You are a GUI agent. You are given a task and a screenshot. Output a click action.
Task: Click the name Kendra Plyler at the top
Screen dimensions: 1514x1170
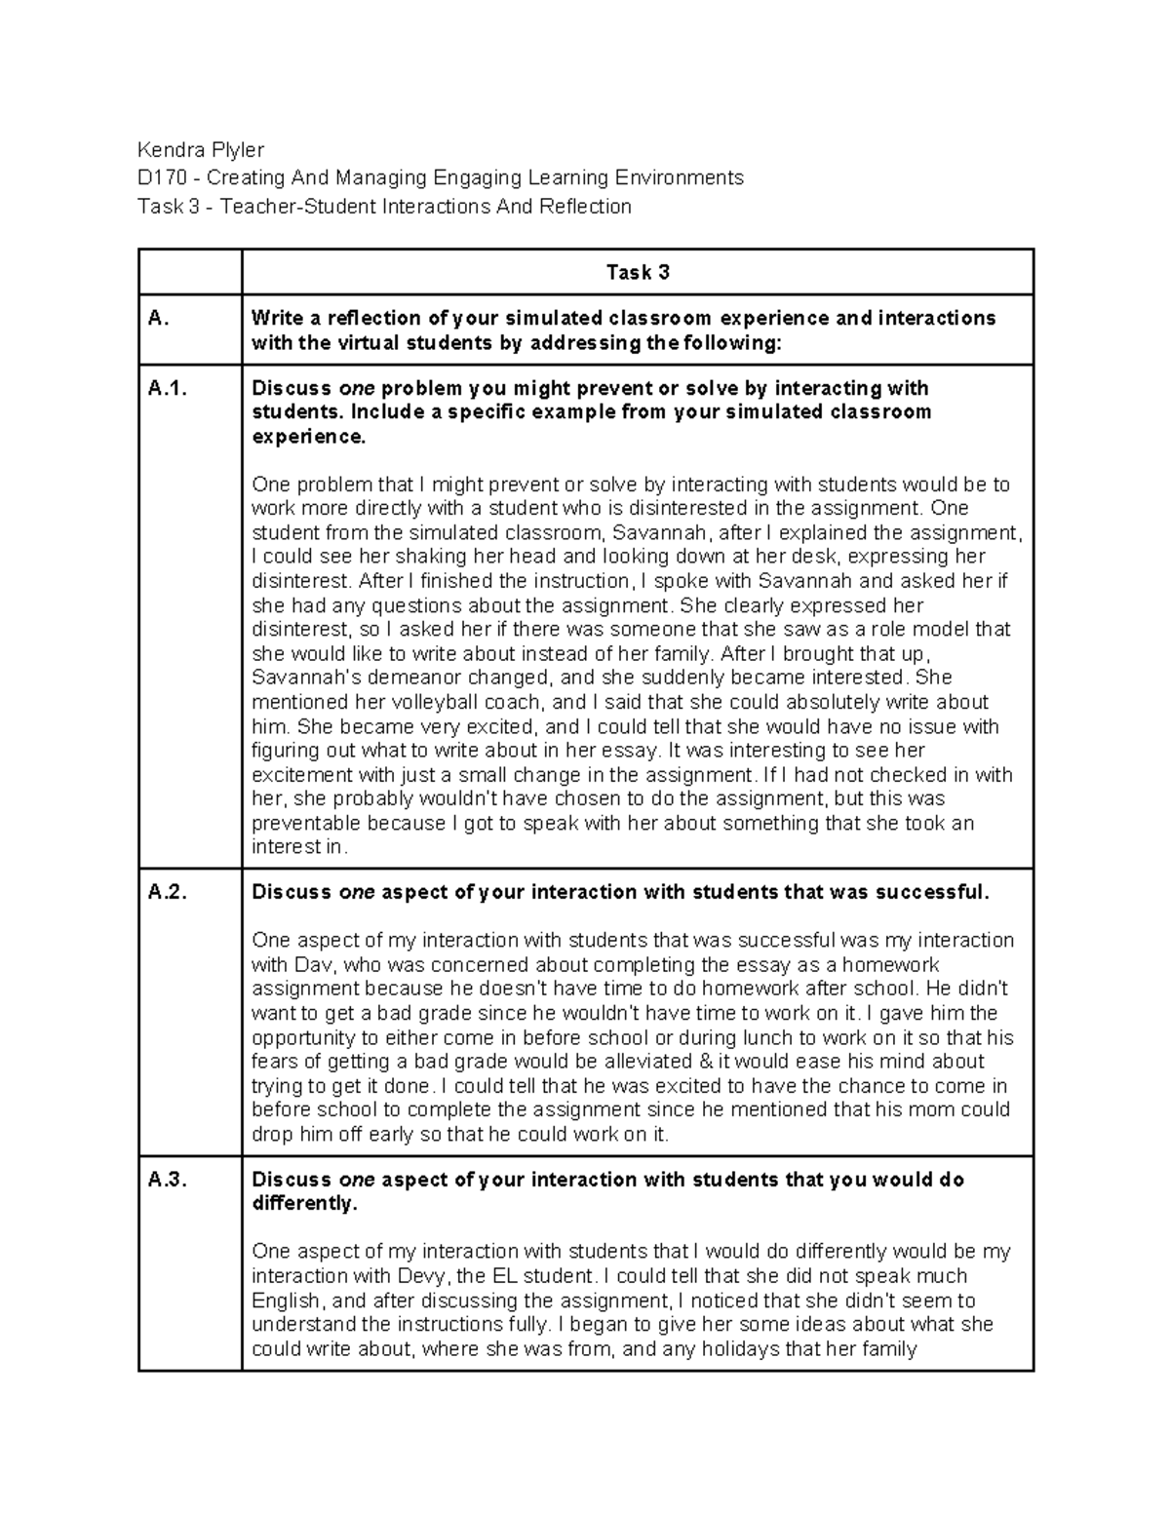[x=201, y=150]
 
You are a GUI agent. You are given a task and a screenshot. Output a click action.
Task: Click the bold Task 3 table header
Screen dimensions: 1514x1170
[x=638, y=273]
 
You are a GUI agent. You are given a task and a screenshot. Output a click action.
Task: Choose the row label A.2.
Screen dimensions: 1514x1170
[x=167, y=893]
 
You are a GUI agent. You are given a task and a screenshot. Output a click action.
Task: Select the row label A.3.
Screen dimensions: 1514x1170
[x=167, y=1180]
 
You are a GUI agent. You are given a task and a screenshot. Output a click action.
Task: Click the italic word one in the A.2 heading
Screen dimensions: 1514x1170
[x=357, y=893]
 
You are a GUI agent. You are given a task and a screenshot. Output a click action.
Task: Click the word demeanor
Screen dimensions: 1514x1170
[x=396, y=678]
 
